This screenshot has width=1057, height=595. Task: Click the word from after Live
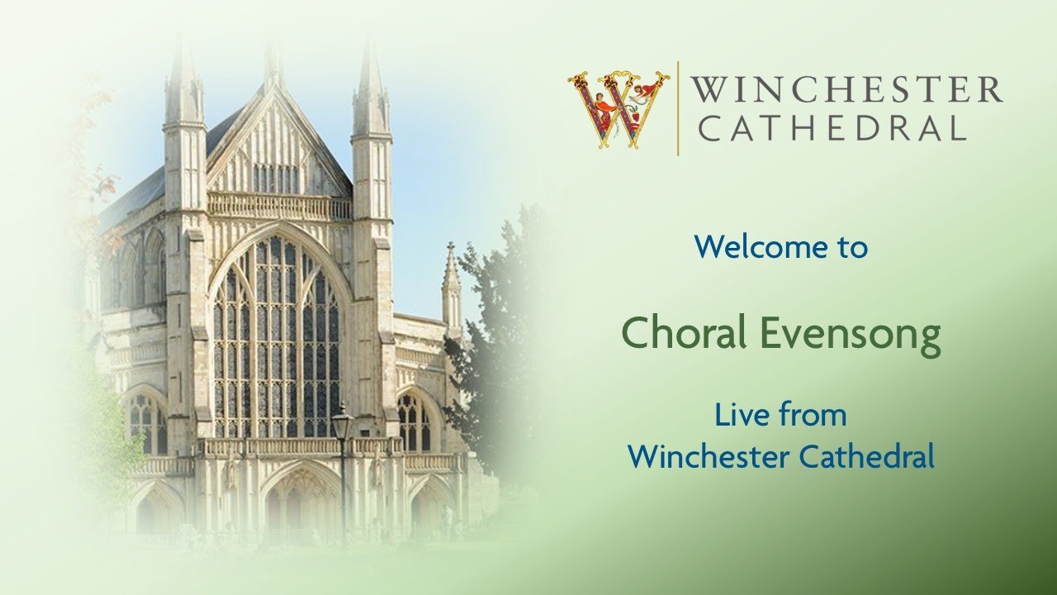tap(813, 415)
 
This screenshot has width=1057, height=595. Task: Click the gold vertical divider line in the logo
tap(678, 108)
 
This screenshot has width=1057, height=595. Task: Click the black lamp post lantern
tap(342, 421)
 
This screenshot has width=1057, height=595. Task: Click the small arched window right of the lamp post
tap(412, 421)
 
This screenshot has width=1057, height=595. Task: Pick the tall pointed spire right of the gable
tap(369, 83)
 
